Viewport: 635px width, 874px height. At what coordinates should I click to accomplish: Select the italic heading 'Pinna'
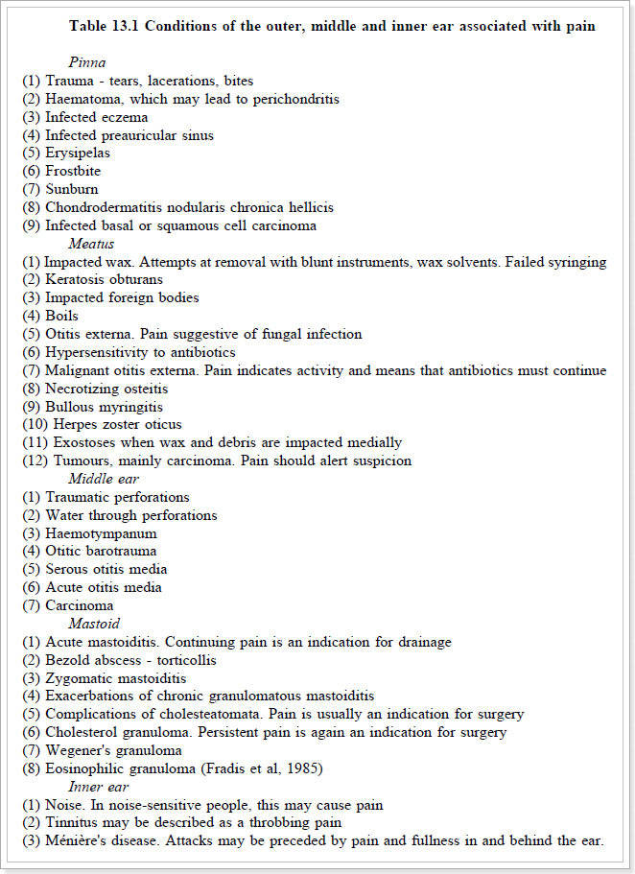tap(87, 63)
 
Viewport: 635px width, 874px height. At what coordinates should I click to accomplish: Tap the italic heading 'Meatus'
tap(92, 244)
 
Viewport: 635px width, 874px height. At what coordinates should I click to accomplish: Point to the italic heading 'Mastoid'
tap(94, 624)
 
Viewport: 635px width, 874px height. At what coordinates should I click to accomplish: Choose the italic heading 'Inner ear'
tap(100, 787)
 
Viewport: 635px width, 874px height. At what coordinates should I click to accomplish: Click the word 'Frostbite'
tap(73, 172)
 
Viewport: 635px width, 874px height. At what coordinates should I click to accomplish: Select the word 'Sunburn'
tap(72, 190)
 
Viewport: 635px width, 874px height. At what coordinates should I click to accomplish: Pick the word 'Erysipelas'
tap(78, 154)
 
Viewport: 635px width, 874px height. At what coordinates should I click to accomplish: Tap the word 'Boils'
tap(62, 316)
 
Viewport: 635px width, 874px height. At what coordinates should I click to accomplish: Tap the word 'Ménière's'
tap(78, 840)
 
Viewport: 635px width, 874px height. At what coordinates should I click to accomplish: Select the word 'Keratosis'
tap(75, 280)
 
